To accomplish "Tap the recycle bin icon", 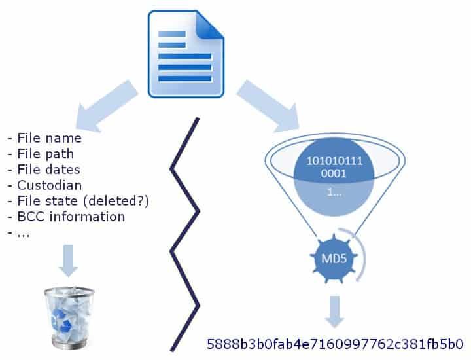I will click(x=68, y=317).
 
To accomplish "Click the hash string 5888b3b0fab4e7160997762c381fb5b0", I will click(x=335, y=343).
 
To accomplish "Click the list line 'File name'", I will click(x=49, y=138).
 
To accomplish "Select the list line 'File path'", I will click(x=45, y=154).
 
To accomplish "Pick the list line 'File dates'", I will click(x=48, y=170).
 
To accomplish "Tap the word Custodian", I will click(x=49, y=185).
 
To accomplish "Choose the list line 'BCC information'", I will click(x=71, y=217).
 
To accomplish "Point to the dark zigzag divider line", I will click(x=184, y=236).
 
